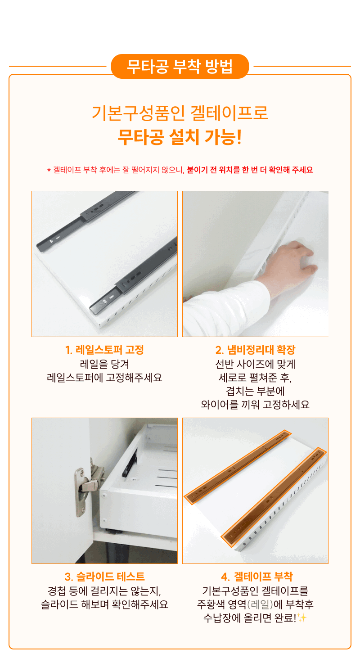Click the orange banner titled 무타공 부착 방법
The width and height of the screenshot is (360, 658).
180,67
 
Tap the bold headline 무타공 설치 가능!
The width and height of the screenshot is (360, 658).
180,137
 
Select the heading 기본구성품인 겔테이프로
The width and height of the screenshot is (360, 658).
180,113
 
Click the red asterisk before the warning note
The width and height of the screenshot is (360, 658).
49,171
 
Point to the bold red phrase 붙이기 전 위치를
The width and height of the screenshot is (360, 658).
213,170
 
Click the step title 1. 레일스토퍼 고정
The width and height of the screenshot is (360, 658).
104,350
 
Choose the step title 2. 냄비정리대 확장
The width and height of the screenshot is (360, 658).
255,350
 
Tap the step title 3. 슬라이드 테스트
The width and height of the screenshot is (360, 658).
104,577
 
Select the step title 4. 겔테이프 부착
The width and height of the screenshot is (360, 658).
256,577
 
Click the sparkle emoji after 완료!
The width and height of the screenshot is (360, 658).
302,618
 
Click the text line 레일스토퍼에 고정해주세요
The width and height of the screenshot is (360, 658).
104,378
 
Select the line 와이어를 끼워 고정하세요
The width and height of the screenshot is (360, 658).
255,405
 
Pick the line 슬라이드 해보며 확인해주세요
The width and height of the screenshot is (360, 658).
104,604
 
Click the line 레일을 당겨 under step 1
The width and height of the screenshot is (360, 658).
104,364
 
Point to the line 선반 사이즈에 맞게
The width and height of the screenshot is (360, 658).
255,364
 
